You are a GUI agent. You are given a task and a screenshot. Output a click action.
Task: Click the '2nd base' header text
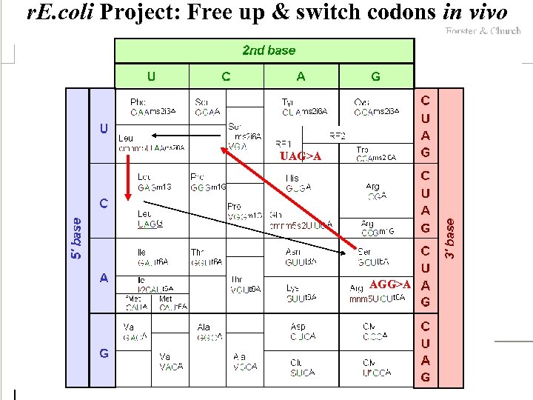point(268,50)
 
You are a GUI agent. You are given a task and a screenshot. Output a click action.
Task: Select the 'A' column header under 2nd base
point(301,76)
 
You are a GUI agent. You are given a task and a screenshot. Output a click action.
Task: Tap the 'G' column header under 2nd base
point(376,76)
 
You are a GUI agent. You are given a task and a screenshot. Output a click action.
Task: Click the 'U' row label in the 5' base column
point(104,128)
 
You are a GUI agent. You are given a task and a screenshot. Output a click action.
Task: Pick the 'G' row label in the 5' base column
point(104,353)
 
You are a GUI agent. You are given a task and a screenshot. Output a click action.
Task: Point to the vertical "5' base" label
point(77,238)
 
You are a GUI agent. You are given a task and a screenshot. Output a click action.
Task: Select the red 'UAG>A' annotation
point(301,156)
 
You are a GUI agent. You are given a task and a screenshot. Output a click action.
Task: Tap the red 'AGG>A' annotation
point(389,284)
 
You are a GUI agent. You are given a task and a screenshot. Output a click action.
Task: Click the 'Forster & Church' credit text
point(483,31)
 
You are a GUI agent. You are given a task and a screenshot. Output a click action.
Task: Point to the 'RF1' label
point(284,142)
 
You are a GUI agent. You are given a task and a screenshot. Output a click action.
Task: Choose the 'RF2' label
point(338,136)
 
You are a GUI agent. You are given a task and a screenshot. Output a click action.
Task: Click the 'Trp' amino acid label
point(362,150)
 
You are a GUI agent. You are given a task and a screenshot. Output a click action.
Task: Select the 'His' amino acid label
point(292,179)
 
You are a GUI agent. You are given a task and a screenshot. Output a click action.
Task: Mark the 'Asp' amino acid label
point(298,327)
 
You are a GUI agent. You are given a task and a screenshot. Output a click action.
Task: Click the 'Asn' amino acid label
point(292,252)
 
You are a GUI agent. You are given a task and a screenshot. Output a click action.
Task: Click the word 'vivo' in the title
point(487,12)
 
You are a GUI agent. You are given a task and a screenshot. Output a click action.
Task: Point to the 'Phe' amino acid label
point(138,102)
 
